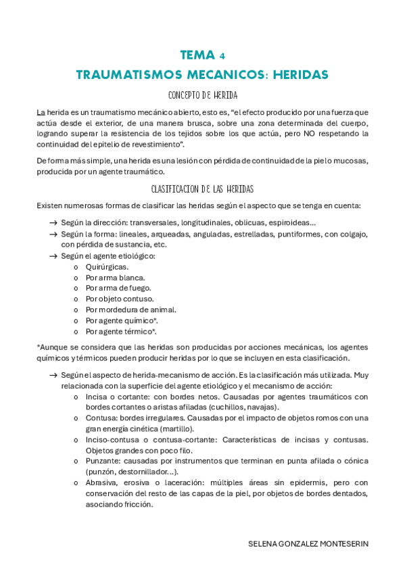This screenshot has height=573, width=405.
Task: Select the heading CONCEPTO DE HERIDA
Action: pyautogui.click(x=202, y=95)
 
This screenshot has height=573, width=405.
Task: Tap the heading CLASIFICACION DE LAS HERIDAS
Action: pyautogui.click(x=202, y=189)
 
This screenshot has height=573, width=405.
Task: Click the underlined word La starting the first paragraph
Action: pyautogui.click(x=41, y=111)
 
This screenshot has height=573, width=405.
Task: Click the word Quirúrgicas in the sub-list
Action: pyautogui.click(x=107, y=266)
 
